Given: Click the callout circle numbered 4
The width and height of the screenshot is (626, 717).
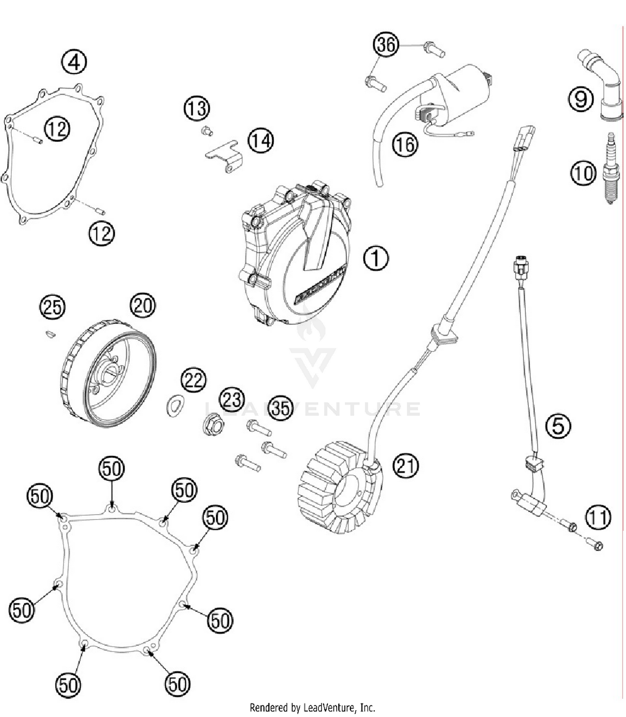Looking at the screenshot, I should click(74, 63).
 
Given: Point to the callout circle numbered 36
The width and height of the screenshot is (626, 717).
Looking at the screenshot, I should click(386, 44).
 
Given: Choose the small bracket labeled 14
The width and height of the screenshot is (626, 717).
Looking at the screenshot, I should click(225, 155).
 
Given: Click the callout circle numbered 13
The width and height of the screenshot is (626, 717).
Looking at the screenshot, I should click(197, 109).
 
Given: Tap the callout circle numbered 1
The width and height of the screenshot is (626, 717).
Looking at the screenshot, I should click(376, 258).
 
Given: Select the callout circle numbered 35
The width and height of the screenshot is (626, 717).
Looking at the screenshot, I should click(280, 408).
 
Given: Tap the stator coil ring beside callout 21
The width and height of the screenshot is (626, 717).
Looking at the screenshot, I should click(340, 486).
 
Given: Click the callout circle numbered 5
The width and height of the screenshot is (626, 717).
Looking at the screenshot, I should click(558, 426).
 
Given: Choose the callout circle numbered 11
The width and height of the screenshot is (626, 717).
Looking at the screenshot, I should click(598, 517).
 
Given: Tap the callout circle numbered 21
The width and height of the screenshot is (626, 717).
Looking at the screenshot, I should click(405, 465).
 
